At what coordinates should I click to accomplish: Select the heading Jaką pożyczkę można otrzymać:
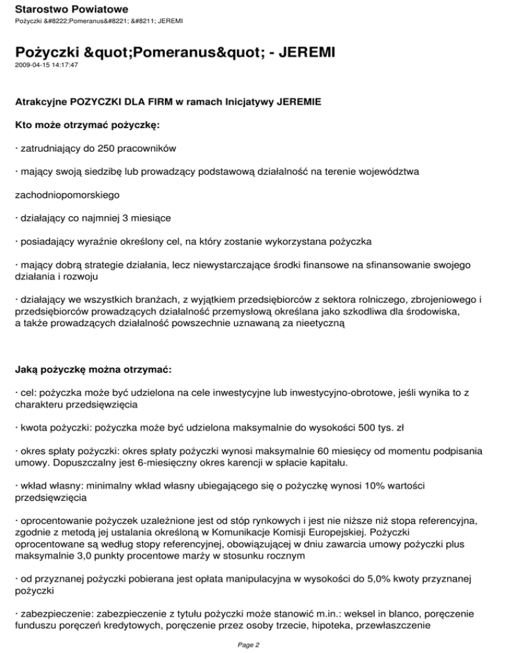pos(93,370)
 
